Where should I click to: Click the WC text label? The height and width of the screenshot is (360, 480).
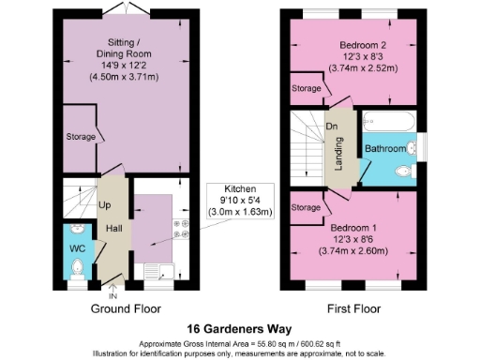pos(76,249)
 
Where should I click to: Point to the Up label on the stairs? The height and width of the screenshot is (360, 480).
pos(105,204)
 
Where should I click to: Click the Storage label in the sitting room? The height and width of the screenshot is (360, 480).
pos(82,137)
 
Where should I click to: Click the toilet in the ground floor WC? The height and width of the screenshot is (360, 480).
pos(77,268)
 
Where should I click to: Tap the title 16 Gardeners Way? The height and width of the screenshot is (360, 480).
pos(239,329)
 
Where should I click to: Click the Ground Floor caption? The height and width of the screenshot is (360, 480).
pos(126,308)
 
